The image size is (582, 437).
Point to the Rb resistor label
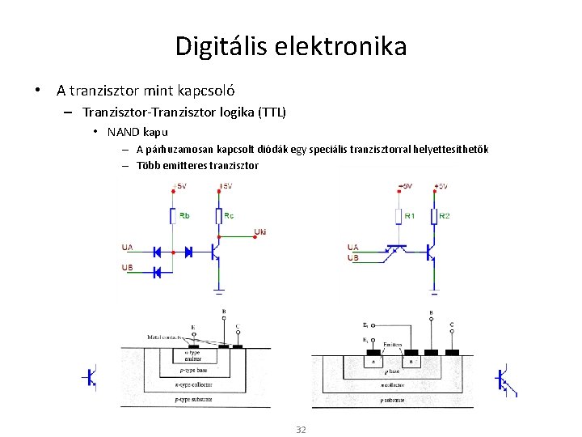(185, 215)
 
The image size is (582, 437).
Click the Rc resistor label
(230, 215)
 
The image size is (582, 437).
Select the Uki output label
(260, 232)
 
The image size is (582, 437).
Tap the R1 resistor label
(410, 215)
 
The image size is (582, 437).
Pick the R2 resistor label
(445, 215)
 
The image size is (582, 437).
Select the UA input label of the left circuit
(127, 247)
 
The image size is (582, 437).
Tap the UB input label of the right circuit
(352, 258)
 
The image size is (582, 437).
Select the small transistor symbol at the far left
(91, 377)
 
